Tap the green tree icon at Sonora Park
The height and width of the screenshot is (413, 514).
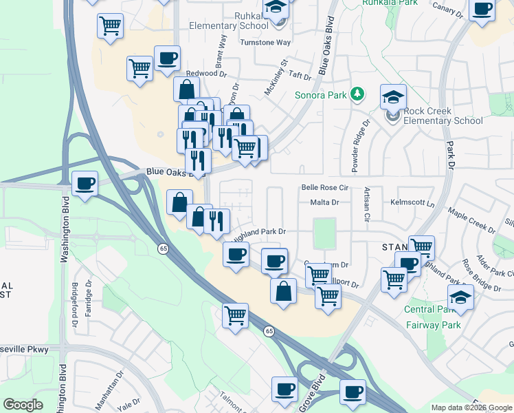click(357, 94)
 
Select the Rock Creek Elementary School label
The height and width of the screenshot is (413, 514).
click(443, 116)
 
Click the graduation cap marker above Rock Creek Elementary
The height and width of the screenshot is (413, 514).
click(393, 96)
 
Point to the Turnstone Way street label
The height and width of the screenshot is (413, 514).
click(265, 42)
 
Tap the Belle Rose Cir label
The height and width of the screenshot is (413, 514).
click(326, 187)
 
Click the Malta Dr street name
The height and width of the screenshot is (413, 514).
click(324, 202)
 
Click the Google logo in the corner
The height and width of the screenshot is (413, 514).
click(23, 405)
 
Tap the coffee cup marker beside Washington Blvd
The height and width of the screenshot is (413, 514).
click(85, 184)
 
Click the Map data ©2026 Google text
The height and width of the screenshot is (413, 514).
click(471, 407)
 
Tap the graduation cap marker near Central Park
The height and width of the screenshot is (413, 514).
click(460, 297)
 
